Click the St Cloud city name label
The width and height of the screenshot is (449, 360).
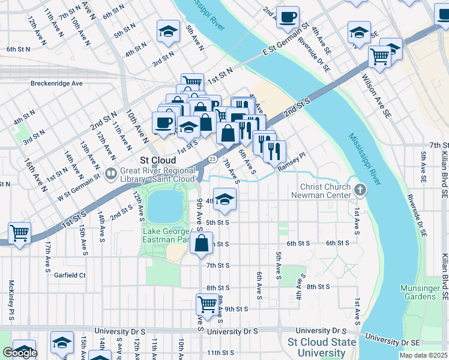(158, 161)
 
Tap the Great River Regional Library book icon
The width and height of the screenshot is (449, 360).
(110, 175)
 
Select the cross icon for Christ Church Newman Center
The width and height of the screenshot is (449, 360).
(360, 190)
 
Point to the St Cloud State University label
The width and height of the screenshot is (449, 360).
(322, 346)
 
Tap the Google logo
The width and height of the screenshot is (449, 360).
(20, 353)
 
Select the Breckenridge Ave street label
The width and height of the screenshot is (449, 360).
(56, 83)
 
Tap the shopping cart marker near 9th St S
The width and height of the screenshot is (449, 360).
(206, 303)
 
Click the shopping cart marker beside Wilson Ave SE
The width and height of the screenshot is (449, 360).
(379, 56)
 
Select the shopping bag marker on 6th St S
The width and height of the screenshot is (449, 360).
(202, 243)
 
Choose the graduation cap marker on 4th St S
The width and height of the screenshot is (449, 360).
(225, 199)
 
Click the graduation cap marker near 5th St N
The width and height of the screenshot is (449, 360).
(169, 30)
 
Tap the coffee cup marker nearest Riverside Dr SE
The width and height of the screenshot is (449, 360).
(288, 16)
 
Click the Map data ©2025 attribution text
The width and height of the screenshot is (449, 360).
(423, 355)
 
